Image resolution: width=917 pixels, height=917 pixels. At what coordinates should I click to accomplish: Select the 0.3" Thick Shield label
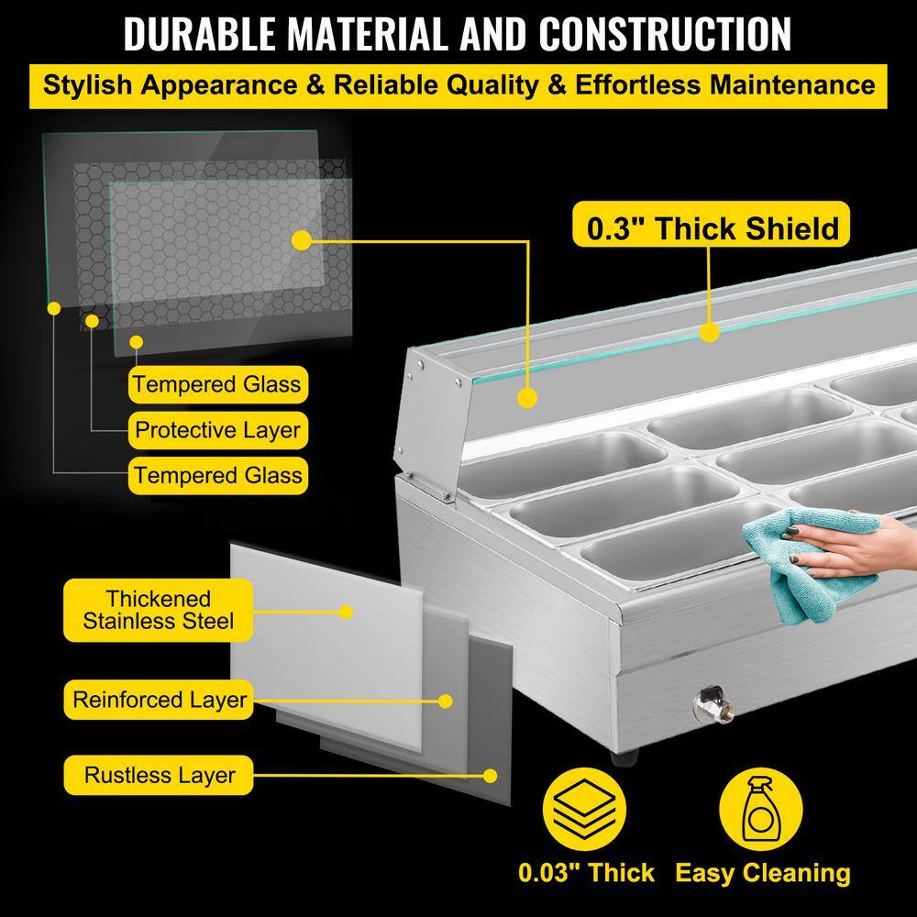coord(707,226)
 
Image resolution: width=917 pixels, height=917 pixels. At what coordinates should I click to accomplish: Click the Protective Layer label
coord(217,429)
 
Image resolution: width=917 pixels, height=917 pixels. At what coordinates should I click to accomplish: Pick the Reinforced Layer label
coord(160,701)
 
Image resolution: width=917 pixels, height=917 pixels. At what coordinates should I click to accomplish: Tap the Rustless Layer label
coord(160,775)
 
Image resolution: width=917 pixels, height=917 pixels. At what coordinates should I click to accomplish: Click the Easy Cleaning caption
coord(763,873)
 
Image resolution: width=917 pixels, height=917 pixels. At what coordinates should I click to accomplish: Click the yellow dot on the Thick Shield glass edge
coord(707,331)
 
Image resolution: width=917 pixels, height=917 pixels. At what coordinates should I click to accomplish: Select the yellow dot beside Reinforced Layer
coord(446,701)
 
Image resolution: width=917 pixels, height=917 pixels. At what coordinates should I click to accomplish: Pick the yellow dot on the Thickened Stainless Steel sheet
coord(346,611)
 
